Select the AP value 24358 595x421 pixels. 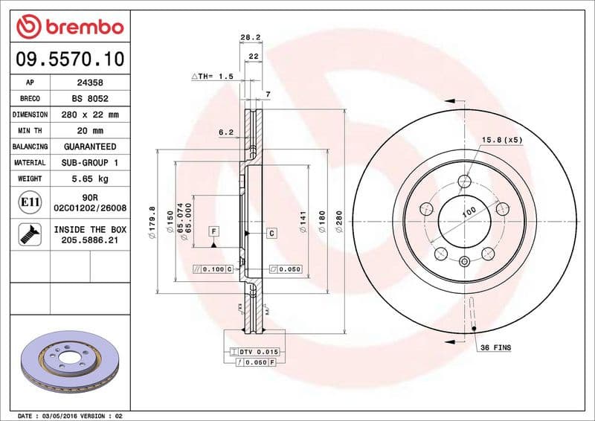pos(89,83)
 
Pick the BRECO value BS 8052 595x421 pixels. pos(89,98)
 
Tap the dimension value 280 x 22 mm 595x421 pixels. pos(89,115)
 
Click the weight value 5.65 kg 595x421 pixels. pos(89,179)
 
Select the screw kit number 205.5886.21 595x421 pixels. pos(89,241)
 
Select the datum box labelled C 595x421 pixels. pos(271,234)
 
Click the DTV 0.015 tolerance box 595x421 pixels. pos(254,351)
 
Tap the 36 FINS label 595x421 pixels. pos(495,347)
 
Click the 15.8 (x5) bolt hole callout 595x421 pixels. pos(502,139)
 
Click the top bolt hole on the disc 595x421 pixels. pos(466,180)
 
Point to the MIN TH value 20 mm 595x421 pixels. pos(89,130)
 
